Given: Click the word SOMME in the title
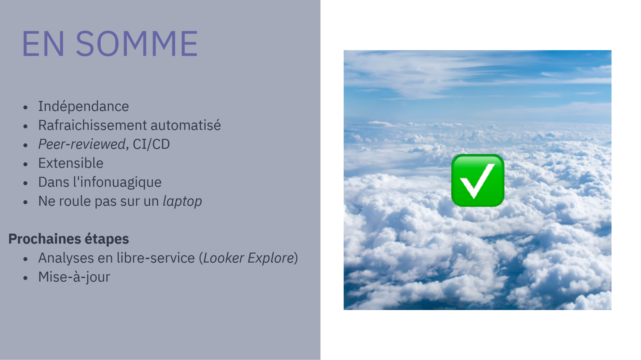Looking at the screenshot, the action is coord(137,44).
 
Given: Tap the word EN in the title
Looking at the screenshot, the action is coord(44,44).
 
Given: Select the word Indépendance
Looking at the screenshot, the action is coord(83,106).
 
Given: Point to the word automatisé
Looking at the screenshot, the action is coord(186,125).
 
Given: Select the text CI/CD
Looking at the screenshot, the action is coord(151,144).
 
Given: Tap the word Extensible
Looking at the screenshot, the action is coord(71,163).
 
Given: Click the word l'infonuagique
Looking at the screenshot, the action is coord(117,182).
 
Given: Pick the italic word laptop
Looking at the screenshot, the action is coord(182,201).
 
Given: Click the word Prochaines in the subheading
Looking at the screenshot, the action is coord(45,239).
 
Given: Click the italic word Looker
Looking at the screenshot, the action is coord(223,258).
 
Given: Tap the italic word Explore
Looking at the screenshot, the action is coord(271,258).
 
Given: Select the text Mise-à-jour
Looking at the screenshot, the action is coord(74,277).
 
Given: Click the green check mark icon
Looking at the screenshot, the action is coord(478,180).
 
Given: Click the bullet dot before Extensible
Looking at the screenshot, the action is coord(26,164).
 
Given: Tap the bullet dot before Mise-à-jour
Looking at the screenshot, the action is coord(26,278).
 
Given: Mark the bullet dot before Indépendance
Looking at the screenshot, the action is coord(26,107).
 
